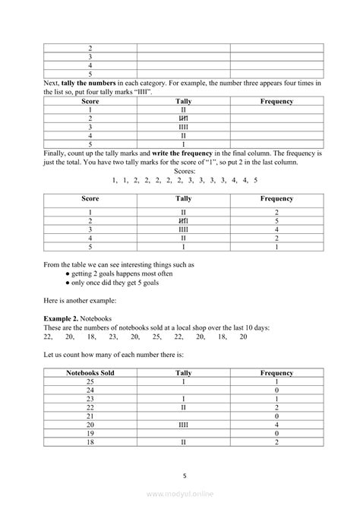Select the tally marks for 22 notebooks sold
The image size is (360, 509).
(x=183, y=408)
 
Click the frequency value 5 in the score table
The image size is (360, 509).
(x=276, y=220)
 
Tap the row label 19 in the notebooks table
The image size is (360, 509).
(x=90, y=433)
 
